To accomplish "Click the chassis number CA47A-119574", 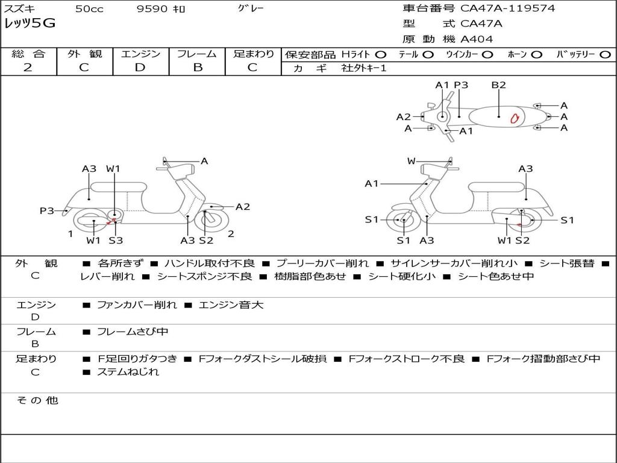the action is tap(507, 8).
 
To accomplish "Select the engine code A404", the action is tap(477, 39).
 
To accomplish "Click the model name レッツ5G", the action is tap(30, 24).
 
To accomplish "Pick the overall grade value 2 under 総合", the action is tap(28, 68).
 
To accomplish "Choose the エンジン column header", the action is tap(140, 54).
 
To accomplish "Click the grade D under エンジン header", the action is tap(140, 68).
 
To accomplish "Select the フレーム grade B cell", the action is tap(197, 68).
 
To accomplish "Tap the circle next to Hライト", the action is tap(380, 54).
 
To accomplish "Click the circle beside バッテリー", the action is tap(604, 54).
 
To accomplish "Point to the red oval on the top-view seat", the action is tap(515, 118).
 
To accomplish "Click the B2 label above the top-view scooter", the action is tap(498, 85).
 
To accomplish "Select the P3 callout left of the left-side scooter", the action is tap(47, 210).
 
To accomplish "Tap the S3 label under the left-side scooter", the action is tap(116, 241).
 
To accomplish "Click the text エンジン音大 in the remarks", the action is tap(231, 305).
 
